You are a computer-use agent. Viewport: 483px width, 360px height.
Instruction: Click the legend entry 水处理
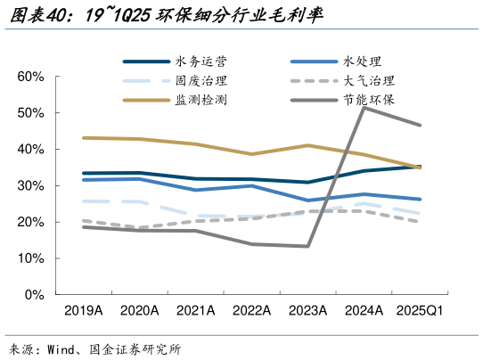coord(363,61)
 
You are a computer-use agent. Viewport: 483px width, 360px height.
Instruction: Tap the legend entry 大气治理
coord(363,81)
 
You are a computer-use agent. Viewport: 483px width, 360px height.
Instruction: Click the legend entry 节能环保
coord(363,100)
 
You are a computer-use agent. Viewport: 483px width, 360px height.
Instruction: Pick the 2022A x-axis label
coord(251,310)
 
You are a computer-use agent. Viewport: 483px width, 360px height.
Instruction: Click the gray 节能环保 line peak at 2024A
coord(364,107)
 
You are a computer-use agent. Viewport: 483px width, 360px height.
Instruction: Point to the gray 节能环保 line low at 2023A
coord(307,246)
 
